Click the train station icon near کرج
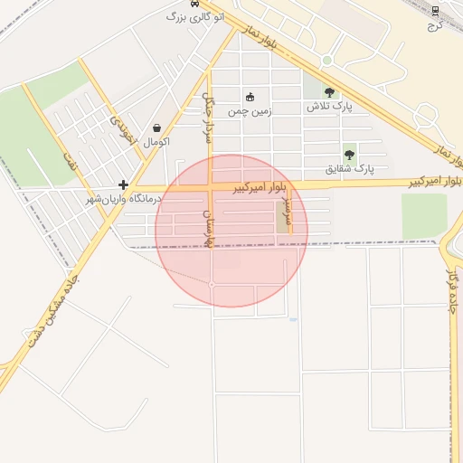(x=435, y=11)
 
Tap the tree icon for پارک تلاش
(x=329, y=92)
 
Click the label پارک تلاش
(x=329, y=107)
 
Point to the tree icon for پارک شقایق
(x=349, y=156)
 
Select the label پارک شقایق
(x=350, y=169)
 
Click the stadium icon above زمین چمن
(x=250, y=98)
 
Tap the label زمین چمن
(x=249, y=111)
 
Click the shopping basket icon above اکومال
(x=158, y=128)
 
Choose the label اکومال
(x=157, y=142)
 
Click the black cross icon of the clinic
(x=123, y=184)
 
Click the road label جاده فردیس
(x=451, y=298)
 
